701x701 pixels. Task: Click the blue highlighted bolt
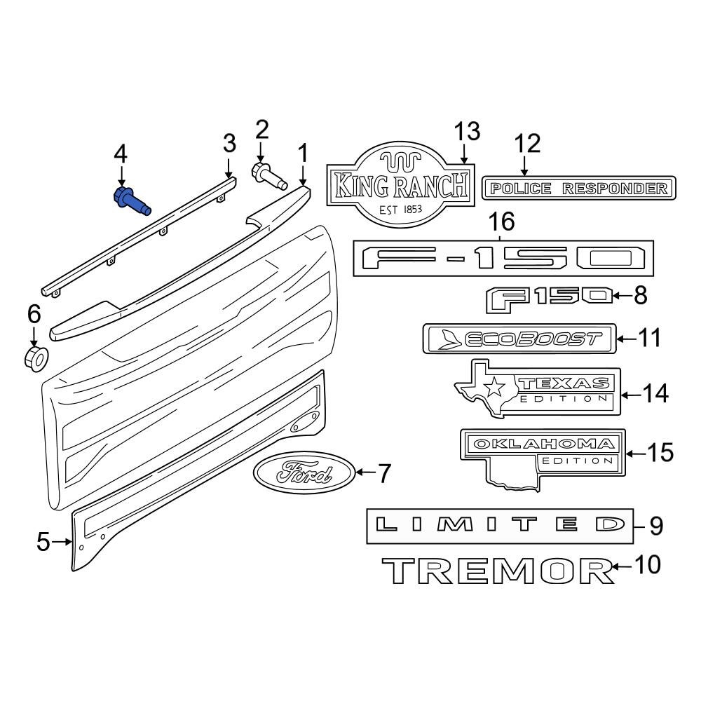coord(130,201)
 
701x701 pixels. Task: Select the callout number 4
coord(121,153)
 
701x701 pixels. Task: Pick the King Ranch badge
coord(400,186)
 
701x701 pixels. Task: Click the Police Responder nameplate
coord(578,188)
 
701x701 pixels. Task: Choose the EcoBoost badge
coord(519,339)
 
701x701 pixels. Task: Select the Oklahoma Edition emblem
coord(543,454)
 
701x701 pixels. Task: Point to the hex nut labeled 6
coord(35,358)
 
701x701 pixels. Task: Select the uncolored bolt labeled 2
coord(269,176)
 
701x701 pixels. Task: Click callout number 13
coord(466,130)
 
